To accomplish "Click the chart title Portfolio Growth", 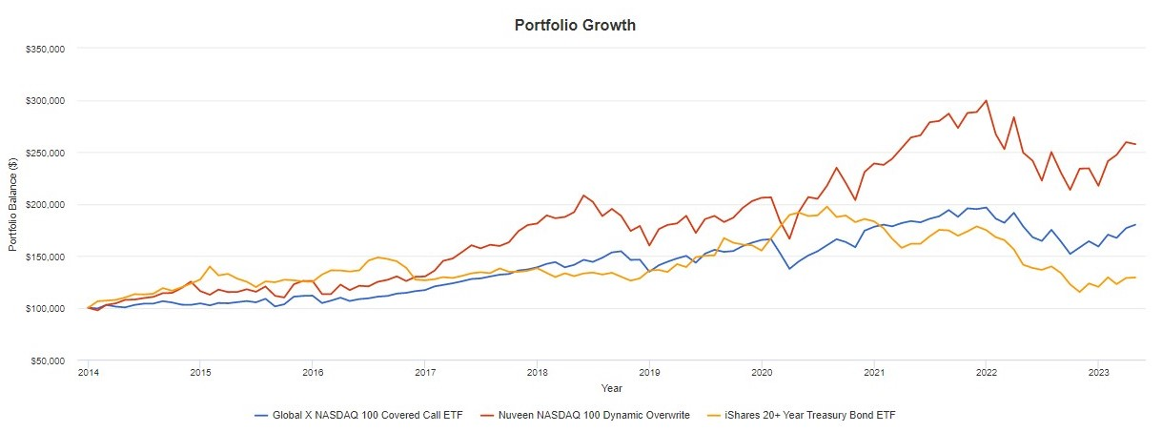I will pyautogui.click(x=575, y=26).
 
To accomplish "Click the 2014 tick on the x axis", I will pyautogui.click(x=88, y=373).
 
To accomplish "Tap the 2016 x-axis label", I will pyautogui.click(x=312, y=373).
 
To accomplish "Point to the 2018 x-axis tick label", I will pyautogui.click(x=537, y=373).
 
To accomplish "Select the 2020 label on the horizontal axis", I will pyautogui.click(x=762, y=373).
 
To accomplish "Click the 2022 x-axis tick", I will pyautogui.click(x=987, y=373).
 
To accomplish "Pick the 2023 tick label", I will pyautogui.click(x=1098, y=373).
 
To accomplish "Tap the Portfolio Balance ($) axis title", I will pyautogui.click(x=14, y=205).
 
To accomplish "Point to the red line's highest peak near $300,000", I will pyautogui.click(x=986, y=100).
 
